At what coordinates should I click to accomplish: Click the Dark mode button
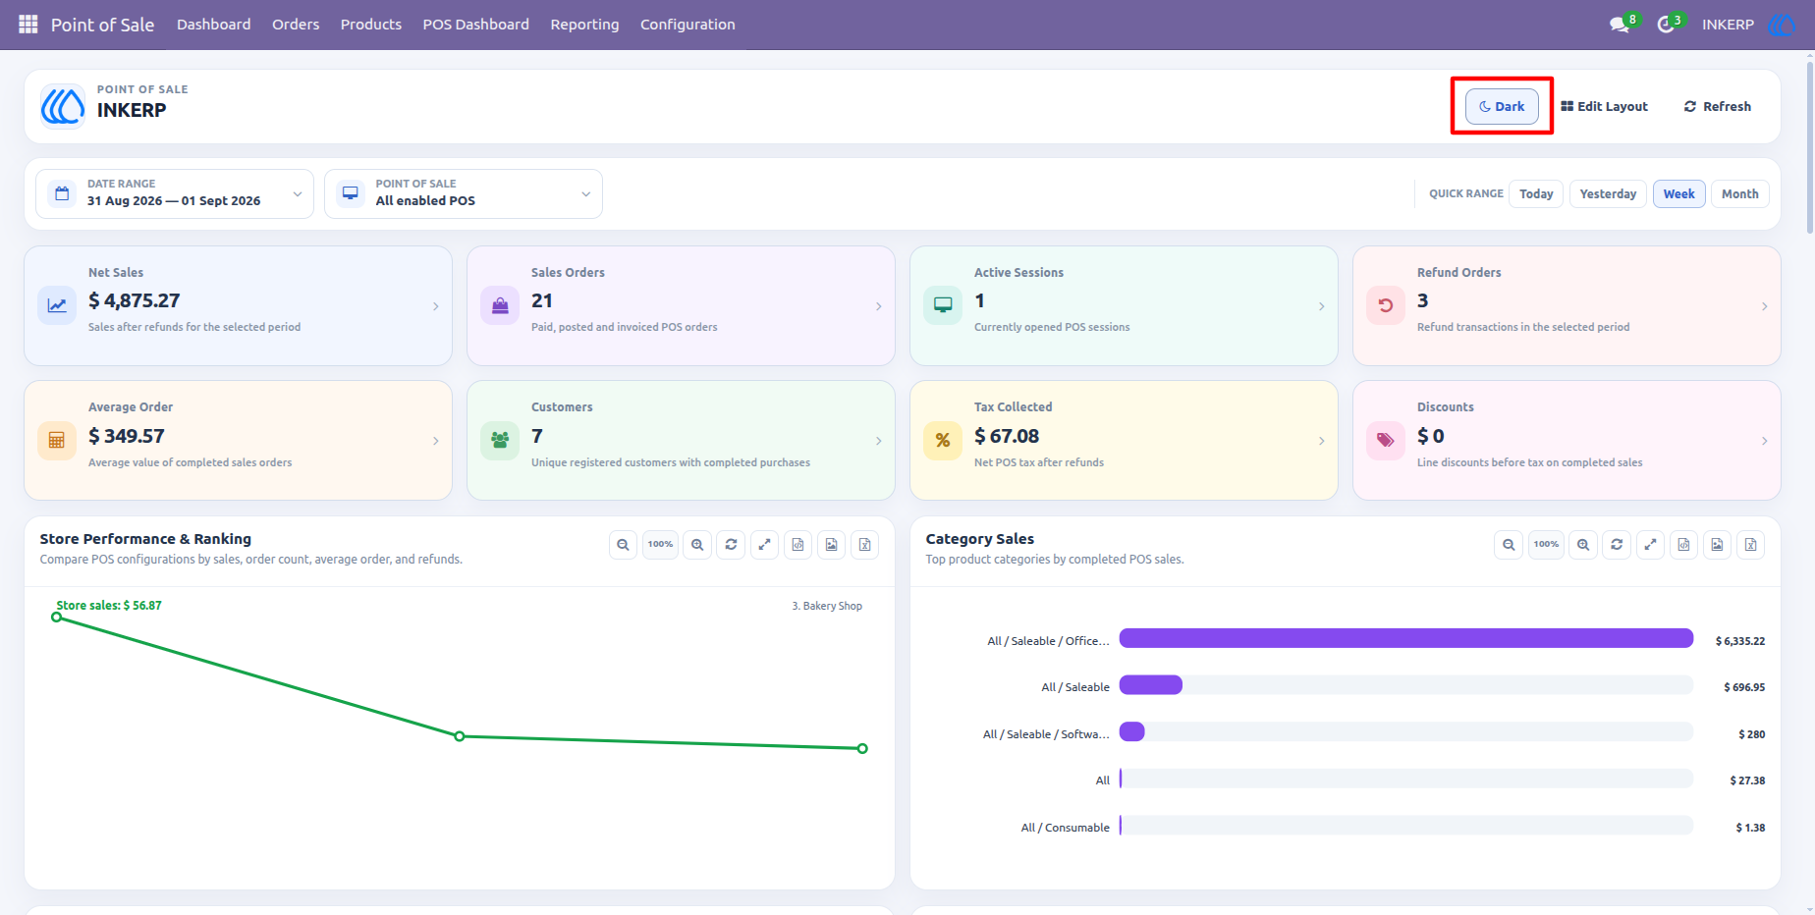pyautogui.click(x=1502, y=106)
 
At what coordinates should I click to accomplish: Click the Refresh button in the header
pyautogui.click(x=1717, y=106)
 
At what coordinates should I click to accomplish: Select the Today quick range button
pyautogui.click(x=1536, y=193)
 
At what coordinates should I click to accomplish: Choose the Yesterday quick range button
pyautogui.click(x=1608, y=193)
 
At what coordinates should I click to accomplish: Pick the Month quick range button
pyautogui.click(x=1739, y=193)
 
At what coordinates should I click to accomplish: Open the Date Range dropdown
pyautogui.click(x=175, y=193)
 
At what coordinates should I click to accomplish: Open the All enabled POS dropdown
pyautogui.click(x=464, y=193)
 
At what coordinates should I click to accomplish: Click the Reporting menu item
pyautogui.click(x=584, y=25)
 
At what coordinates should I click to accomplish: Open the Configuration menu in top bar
pyautogui.click(x=687, y=25)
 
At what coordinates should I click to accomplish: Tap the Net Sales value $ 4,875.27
pyautogui.click(x=135, y=300)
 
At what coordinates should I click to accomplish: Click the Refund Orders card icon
pyautogui.click(x=1385, y=305)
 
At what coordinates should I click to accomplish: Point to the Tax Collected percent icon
pyautogui.click(x=942, y=440)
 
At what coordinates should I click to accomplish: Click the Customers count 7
pyautogui.click(x=537, y=436)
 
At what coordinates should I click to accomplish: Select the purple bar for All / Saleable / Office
pyautogui.click(x=1406, y=638)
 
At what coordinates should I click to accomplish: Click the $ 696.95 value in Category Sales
pyautogui.click(x=1744, y=687)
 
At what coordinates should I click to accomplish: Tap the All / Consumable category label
pyautogui.click(x=1066, y=828)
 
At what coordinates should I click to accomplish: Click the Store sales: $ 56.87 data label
pyautogui.click(x=109, y=606)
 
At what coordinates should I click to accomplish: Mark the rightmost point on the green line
pyautogui.click(x=862, y=748)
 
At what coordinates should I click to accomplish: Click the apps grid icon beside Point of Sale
pyautogui.click(x=28, y=24)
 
